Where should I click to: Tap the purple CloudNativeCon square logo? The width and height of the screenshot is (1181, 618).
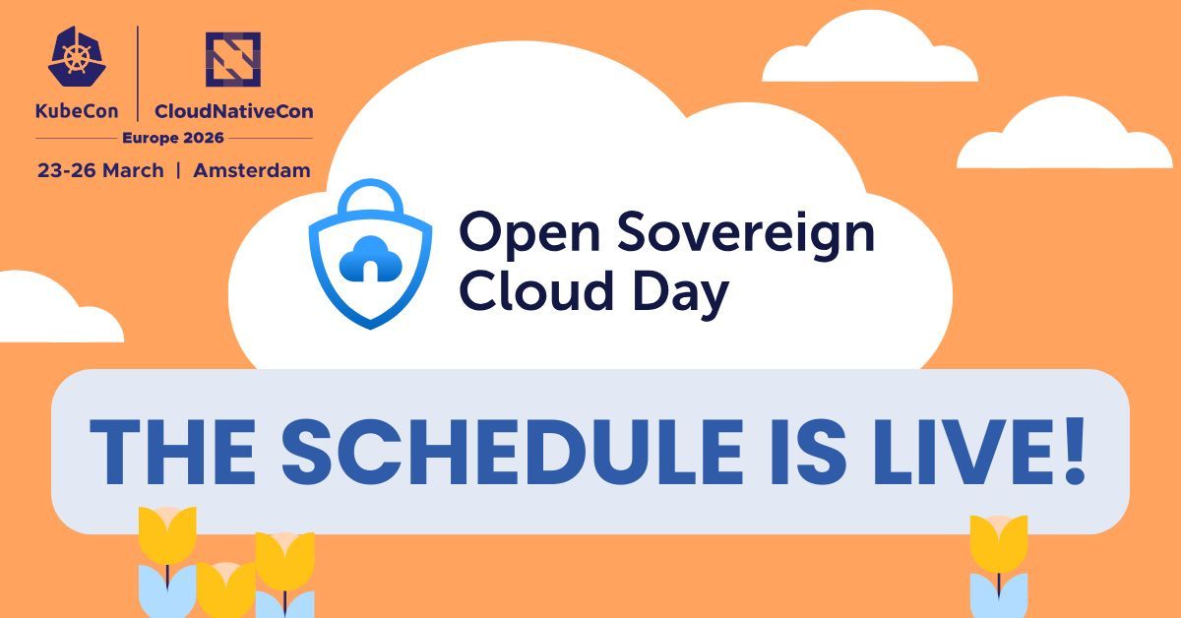point(233,59)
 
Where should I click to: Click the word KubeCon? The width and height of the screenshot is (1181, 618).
point(77,111)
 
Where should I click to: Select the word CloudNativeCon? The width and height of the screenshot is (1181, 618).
point(233,111)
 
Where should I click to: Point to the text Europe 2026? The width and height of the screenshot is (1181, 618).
point(173,138)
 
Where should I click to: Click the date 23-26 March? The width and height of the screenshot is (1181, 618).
point(100,170)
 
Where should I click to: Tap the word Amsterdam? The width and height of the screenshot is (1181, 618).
point(252,170)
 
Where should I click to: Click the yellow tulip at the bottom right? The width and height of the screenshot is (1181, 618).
point(999,544)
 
